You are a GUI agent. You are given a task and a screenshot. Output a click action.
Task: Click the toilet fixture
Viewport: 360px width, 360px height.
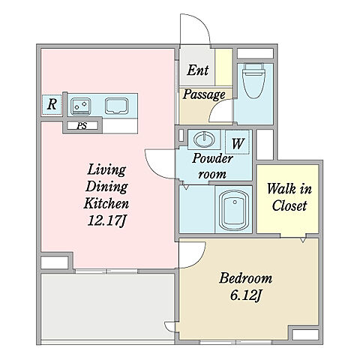[254, 80]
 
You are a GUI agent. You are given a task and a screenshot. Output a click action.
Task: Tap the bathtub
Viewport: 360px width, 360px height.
[233, 210]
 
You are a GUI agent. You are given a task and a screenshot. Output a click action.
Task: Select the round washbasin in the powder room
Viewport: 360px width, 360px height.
[205, 139]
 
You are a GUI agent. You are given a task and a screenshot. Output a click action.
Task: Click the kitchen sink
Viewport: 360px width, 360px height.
[116, 106]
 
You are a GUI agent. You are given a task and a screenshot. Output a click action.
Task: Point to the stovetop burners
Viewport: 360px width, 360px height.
[80, 106]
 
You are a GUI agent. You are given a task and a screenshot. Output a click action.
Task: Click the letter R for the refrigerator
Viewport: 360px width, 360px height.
[52, 104]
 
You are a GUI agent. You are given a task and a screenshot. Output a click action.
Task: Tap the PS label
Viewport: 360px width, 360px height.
[82, 126]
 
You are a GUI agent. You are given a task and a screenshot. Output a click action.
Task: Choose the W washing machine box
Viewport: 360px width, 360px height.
[238, 142]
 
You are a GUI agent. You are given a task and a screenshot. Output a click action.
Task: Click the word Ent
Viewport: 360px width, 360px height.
[197, 70]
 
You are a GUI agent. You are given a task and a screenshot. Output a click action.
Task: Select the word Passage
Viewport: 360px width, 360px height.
[204, 95]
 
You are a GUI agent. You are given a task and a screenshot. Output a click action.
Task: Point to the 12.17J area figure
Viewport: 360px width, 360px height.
[106, 220]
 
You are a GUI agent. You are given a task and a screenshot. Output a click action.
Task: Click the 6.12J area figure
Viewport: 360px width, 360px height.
[246, 295]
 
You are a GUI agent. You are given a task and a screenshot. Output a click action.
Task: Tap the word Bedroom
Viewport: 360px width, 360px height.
[245, 278]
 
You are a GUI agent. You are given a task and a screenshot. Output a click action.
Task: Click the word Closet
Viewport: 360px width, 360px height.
[289, 205]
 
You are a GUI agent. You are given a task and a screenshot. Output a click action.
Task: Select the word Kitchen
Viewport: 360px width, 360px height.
[106, 203]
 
